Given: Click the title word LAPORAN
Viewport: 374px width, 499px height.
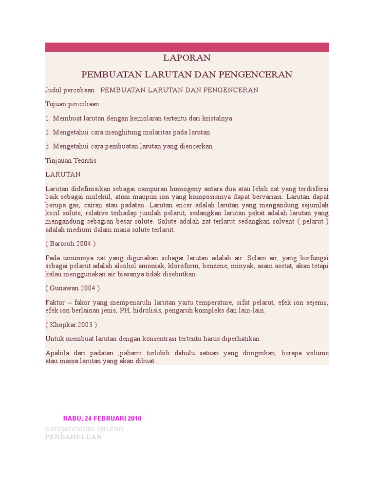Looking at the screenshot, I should tap(187, 58).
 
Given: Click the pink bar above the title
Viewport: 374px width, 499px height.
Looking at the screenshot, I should tap(187, 47).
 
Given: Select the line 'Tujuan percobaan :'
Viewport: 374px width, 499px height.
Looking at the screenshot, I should tap(74, 104).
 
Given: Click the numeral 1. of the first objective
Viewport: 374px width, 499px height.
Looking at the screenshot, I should tap(48, 118).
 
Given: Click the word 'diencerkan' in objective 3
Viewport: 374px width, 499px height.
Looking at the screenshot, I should tap(196, 146).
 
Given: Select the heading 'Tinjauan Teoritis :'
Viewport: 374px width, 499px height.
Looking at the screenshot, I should tap(73, 160).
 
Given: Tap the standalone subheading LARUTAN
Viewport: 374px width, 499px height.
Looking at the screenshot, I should tap(63, 174).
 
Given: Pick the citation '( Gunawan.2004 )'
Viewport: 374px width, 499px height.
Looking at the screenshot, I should tap(73, 288).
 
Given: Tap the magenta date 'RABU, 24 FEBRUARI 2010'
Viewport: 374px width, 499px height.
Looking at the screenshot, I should tap(102, 419).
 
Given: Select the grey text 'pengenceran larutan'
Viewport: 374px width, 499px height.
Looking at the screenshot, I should tap(84, 429).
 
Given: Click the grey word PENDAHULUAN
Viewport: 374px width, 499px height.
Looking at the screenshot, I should tap(73, 437).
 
